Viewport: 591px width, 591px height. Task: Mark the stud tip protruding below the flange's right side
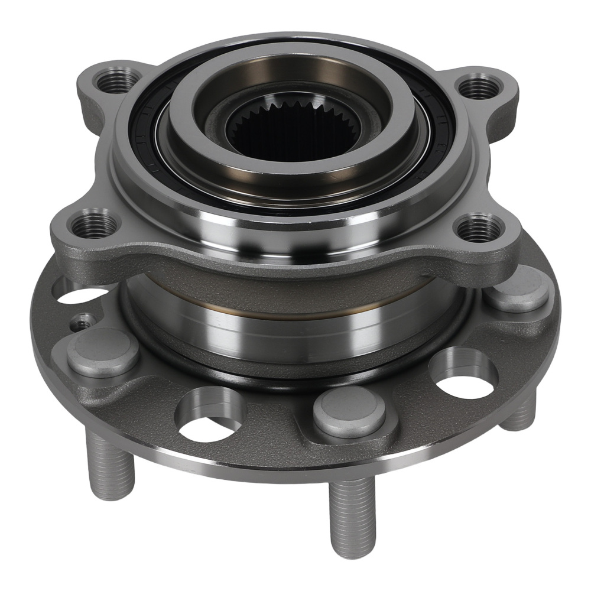click(520, 414)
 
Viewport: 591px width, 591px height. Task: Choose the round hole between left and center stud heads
click(210, 417)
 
